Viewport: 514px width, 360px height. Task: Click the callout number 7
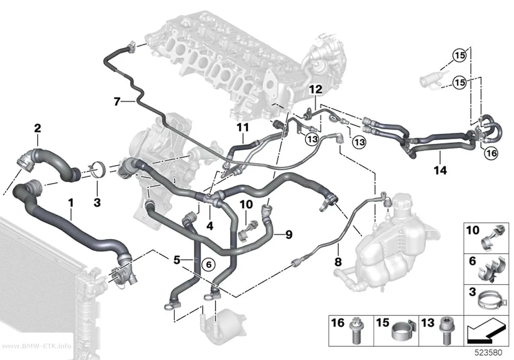coord(117,102)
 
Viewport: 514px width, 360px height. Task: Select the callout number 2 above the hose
coord(38,128)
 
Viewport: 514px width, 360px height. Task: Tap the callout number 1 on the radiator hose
coord(71,203)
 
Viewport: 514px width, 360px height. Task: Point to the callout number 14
coord(440,170)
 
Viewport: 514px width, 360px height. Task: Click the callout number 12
coord(316,89)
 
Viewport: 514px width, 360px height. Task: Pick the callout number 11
coord(243,127)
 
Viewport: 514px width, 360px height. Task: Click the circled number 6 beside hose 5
coord(209,264)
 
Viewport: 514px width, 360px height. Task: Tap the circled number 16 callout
coord(491,153)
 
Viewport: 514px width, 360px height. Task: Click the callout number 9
coord(288,235)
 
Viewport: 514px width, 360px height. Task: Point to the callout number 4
coord(210,226)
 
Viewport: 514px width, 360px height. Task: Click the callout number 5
coord(177,261)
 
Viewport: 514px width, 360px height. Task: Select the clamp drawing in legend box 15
coord(403,333)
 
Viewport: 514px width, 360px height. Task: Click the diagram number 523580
coord(489,353)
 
